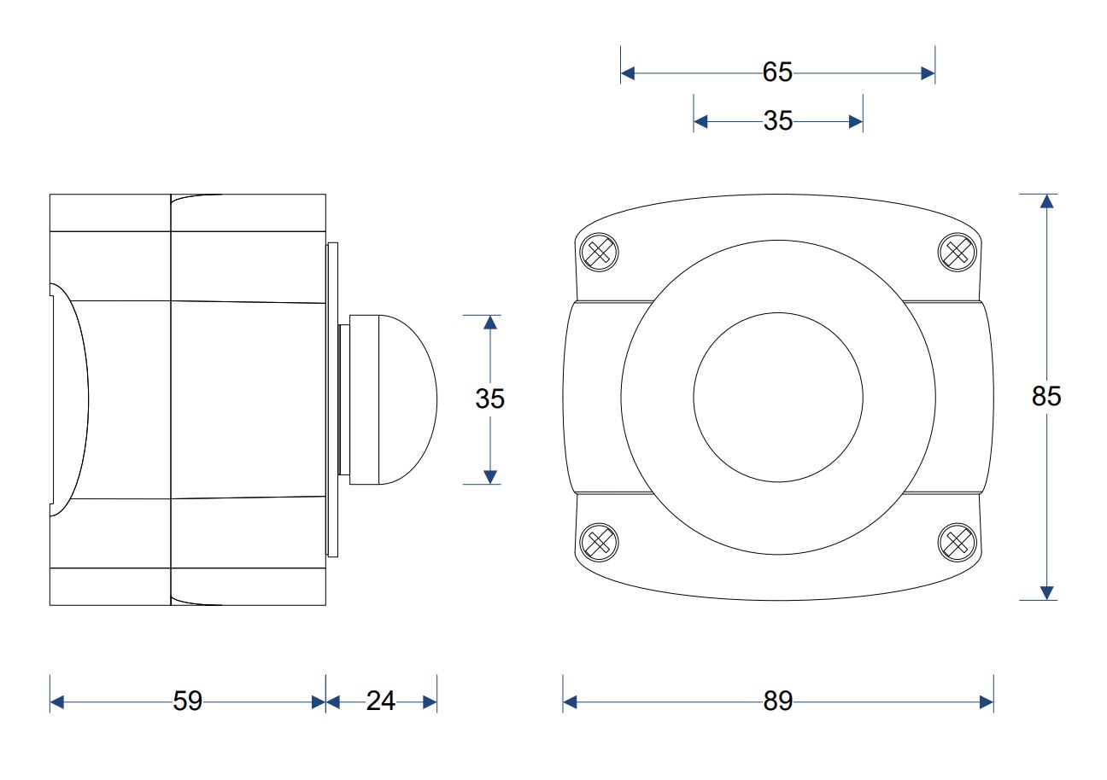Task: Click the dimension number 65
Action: pos(777,72)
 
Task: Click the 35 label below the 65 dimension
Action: pos(778,120)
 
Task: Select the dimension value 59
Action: pos(187,701)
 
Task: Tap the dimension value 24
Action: pos(381,701)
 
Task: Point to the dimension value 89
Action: pos(778,701)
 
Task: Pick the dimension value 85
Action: pos(1046,396)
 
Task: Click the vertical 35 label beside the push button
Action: pos(489,399)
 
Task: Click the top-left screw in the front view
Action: pos(599,253)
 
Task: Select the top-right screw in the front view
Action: pos(958,253)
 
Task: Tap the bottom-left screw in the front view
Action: pos(599,542)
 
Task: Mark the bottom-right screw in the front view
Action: pos(958,542)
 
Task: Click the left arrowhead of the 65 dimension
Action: pos(628,73)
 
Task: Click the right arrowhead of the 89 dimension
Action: pos(987,702)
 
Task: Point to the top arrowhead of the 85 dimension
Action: pos(1046,201)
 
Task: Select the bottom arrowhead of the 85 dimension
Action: pos(1046,593)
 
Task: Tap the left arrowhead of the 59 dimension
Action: pos(57,702)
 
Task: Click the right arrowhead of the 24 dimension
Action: pos(430,702)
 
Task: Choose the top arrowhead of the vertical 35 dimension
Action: pos(489,323)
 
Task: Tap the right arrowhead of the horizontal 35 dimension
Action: pos(856,121)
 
